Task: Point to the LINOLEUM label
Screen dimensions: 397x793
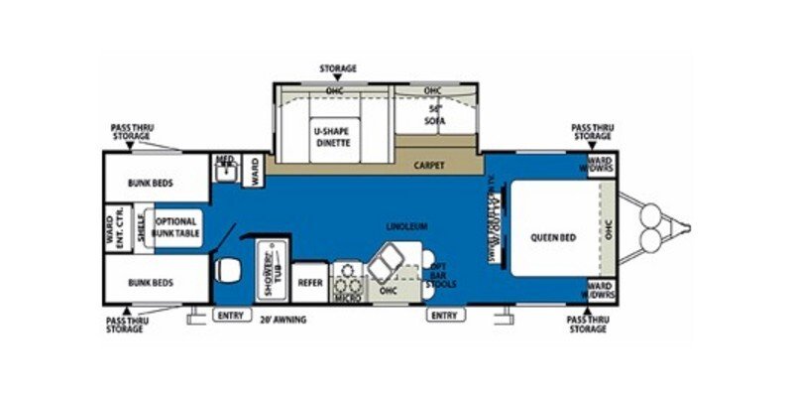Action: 407,226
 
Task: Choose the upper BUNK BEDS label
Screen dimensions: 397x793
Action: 151,183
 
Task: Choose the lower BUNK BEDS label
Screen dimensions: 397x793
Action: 151,282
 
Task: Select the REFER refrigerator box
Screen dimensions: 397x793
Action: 310,282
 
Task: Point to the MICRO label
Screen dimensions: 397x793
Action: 346,296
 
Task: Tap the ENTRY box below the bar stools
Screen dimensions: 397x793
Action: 442,316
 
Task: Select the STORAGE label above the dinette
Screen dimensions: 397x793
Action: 337,68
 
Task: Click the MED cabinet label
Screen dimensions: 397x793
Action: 225,160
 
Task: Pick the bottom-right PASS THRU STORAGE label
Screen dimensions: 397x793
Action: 587,324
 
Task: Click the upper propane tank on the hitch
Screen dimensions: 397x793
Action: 651,214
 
